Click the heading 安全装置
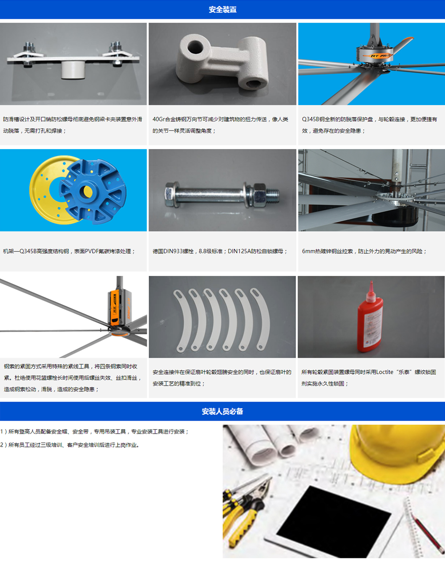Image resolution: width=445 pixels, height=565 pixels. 222,10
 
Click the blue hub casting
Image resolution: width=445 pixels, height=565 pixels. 93,191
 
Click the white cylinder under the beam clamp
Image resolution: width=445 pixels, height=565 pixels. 73,69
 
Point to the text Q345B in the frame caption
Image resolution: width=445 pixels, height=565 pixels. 28,251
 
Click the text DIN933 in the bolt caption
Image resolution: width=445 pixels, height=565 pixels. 173,251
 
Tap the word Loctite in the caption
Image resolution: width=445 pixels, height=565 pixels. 385,372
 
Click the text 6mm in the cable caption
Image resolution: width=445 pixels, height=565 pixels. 307,251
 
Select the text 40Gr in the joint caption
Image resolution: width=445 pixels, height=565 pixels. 158,119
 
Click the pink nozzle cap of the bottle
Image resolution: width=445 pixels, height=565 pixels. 371,292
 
